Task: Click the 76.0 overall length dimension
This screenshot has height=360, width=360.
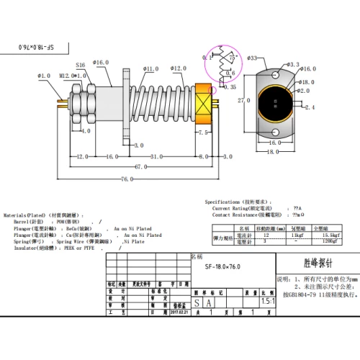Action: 127,179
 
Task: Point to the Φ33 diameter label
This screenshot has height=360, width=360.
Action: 253,58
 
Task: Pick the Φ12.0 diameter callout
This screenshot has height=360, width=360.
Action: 179,69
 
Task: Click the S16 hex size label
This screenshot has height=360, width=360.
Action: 80,65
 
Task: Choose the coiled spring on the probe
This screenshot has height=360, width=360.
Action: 161,103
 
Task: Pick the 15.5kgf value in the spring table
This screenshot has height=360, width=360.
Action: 332,235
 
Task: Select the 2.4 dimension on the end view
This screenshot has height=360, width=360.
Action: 311,107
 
